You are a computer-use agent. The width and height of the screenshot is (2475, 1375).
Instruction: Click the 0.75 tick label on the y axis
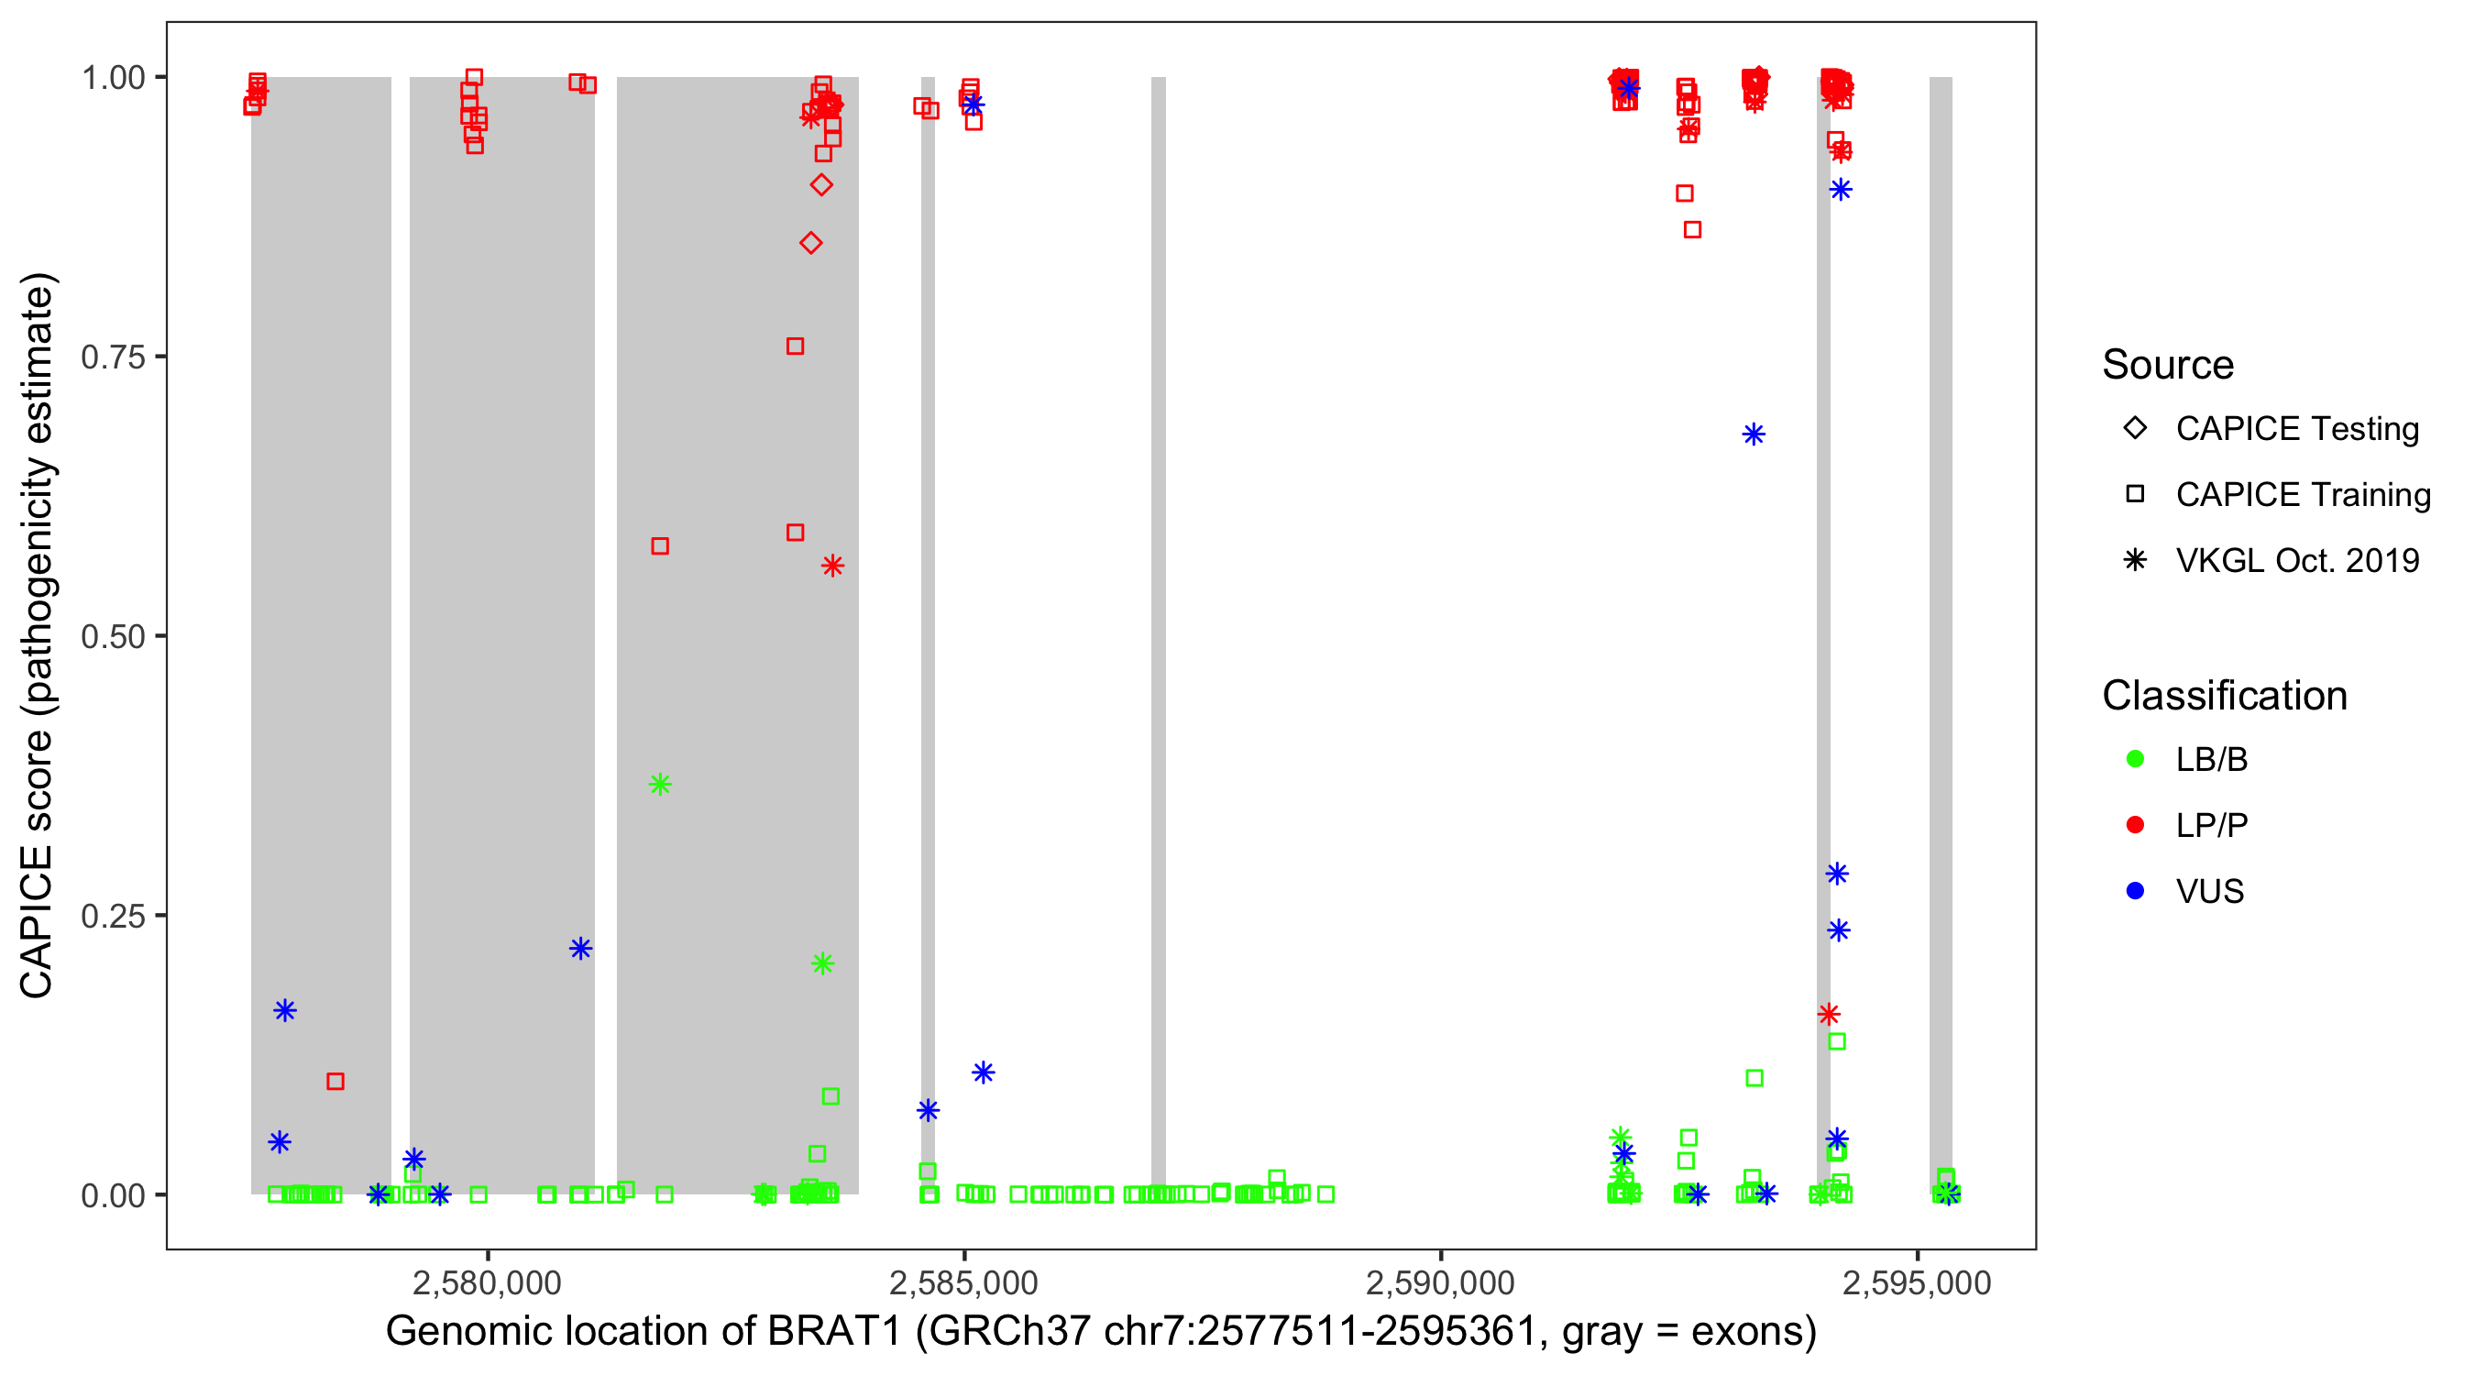[112, 357]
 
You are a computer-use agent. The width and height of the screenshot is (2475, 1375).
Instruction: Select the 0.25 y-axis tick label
[112, 916]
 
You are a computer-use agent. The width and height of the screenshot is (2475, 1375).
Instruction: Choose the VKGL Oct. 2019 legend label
[2296, 560]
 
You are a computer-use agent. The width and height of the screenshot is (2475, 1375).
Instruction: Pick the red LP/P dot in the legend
[2135, 825]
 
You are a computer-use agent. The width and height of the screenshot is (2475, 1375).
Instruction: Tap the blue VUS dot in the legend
[2135, 892]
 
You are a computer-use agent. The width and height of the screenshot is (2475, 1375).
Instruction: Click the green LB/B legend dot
[2135, 759]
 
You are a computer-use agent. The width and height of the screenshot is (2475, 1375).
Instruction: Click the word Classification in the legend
[2223, 696]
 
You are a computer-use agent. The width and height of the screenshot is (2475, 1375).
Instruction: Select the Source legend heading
[2167, 365]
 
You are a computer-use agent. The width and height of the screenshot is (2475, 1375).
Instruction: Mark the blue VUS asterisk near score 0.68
[1753, 434]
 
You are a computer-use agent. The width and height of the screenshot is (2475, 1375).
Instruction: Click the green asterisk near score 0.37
[660, 784]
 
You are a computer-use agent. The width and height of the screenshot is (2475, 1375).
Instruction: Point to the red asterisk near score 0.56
[832, 566]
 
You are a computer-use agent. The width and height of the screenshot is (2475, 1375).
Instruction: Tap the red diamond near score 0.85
[811, 243]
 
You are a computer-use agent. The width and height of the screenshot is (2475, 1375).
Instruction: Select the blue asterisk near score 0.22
[580, 949]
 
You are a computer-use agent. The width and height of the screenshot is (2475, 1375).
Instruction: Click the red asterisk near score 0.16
[1829, 1014]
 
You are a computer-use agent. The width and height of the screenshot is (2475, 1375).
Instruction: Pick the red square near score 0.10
[335, 1081]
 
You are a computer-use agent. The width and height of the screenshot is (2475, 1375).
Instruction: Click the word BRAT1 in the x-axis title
[834, 1332]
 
